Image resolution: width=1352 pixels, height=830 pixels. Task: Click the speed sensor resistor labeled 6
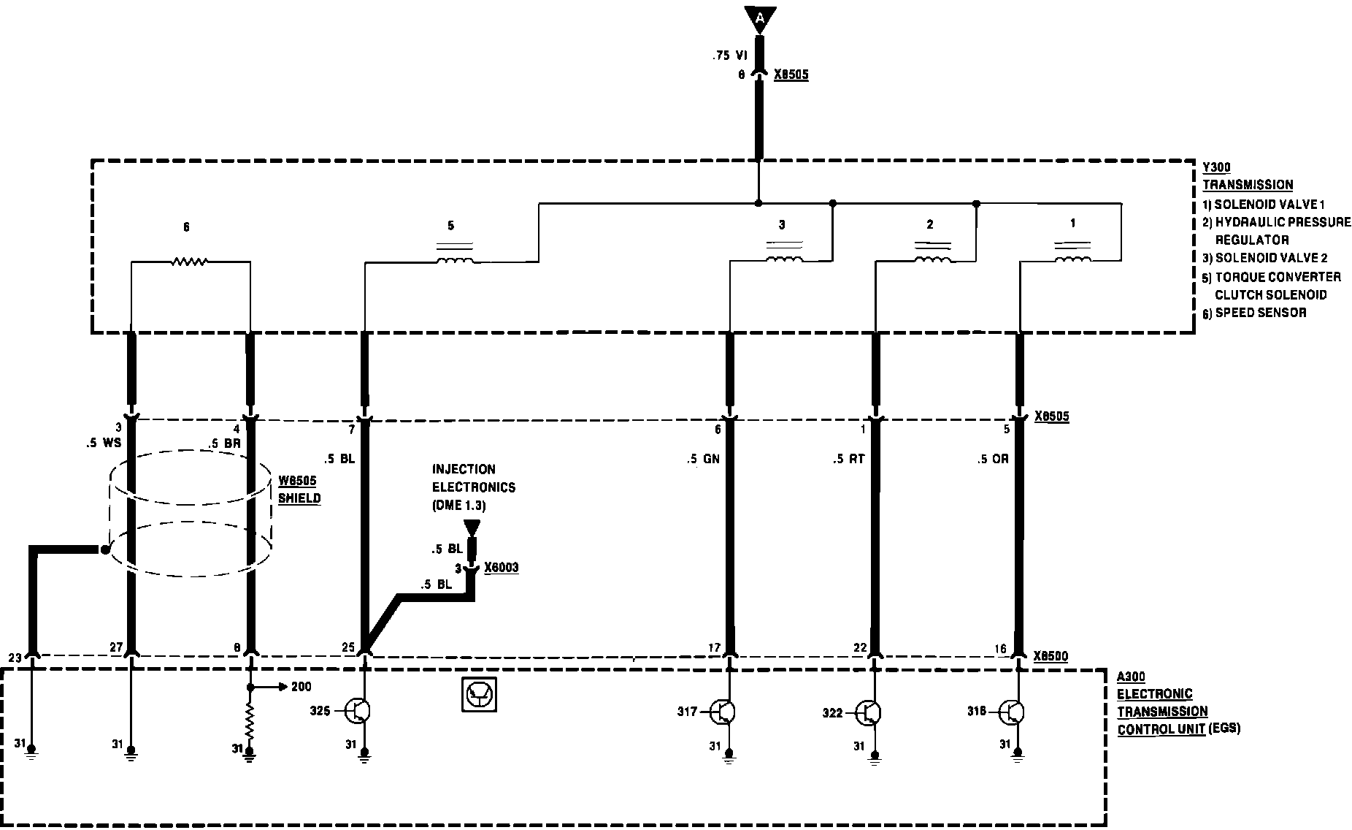(x=190, y=262)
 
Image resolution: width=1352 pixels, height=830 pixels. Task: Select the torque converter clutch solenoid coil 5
(x=454, y=260)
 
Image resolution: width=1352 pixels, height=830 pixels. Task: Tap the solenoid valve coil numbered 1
(x=1072, y=259)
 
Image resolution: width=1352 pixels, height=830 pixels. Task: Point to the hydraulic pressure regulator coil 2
(x=933, y=259)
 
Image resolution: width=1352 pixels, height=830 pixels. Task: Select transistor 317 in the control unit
(x=724, y=711)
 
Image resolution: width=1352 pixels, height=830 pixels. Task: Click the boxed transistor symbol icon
(x=480, y=694)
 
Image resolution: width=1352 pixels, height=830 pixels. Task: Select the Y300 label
(x=1216, y=167)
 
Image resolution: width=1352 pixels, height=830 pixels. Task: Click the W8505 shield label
(x=299, y=490)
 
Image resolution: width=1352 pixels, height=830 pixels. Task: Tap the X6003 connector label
(x=502, y=568)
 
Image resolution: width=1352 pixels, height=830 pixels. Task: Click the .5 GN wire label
(x=703, y=459)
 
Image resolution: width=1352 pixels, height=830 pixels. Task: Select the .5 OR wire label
(x=994, y=459)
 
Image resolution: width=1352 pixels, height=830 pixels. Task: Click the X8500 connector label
(x=1051, y=656)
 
